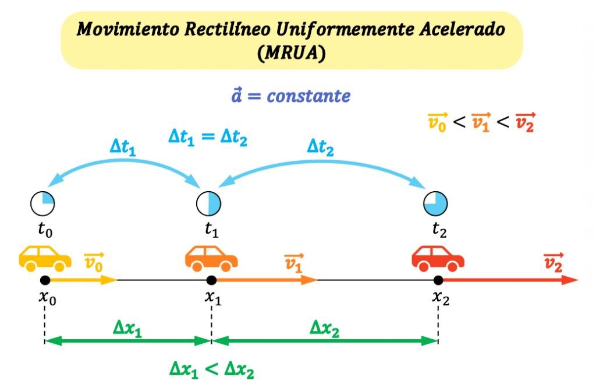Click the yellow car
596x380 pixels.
point(45,259)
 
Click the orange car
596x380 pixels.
point(211,259)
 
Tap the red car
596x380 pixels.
point(438,259)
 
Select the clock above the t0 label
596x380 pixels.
point(42,203)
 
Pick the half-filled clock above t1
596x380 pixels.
point(209,203)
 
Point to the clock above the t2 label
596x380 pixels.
point(435,203)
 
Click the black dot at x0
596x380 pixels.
point(45,280)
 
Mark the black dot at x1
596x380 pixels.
point(211,280)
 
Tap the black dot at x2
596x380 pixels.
point(438,280)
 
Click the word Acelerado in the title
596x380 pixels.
point(462,29)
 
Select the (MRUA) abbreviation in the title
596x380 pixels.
point(292,52)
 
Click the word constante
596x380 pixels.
point(308,96)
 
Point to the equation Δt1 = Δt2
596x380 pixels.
point(208,138)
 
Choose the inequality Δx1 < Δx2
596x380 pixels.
point(212,370)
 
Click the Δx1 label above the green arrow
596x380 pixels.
point(127,328)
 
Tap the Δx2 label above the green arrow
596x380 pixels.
point(324,328)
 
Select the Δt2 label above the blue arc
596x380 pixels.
point(321,147)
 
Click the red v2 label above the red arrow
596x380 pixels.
point(553,263)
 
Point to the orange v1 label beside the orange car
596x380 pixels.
point(293,263)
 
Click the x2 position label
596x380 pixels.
point(441,297)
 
